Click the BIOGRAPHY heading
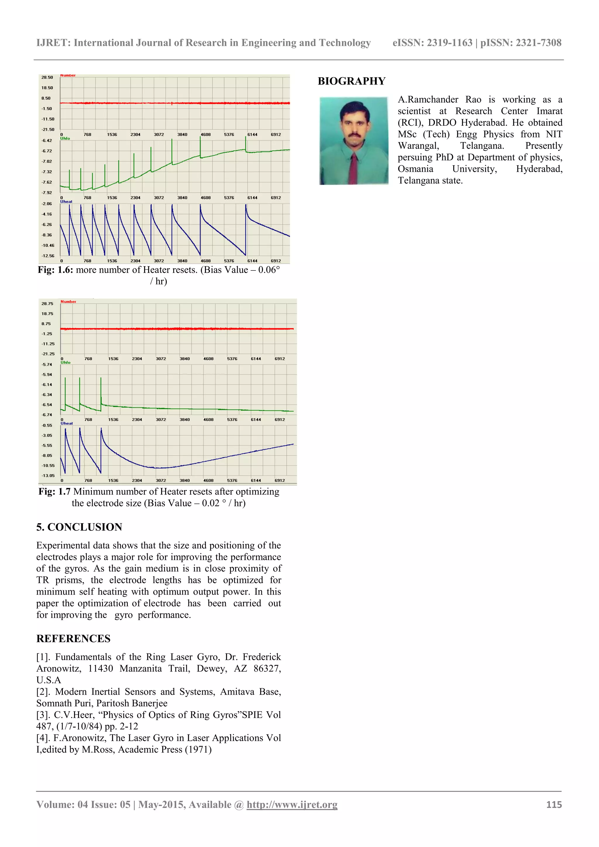(351, 81)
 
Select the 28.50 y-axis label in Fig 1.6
(47, 77)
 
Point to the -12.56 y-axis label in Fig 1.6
(48, 256)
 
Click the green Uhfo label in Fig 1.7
(65, 363)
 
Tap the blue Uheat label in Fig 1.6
(66, 201)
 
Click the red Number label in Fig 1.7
(68, 302)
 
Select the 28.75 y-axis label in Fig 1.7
(47, 303)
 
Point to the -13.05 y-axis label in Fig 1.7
(48, 475)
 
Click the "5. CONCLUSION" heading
(79, 527)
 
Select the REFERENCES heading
(73, 639)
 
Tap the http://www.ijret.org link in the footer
(292, 805)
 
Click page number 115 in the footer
(554, 805)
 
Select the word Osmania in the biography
(415, 169)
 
